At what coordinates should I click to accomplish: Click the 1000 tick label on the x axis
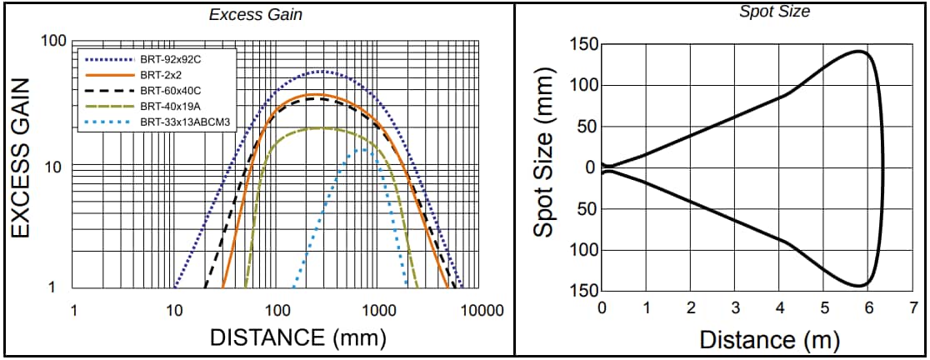(x=379, y=311)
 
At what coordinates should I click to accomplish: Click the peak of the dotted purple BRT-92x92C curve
(x=323, y=72)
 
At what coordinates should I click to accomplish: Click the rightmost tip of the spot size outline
(x=886, y=167)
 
